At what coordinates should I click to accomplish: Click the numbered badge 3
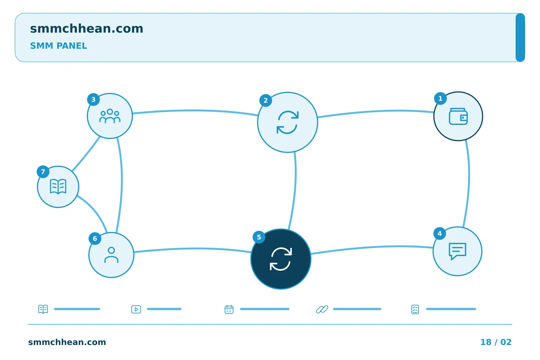pyautogui.click(x=93, y=99)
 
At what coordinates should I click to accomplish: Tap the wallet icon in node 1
pyautogui.click(x=458, y=117)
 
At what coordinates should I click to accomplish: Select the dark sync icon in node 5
pyautogui.click(x=281, y=259)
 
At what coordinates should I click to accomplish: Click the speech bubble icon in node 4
pyautogui.click(x=457, y=251)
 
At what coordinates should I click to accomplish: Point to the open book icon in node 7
pyautogui.click(x=58, y=186)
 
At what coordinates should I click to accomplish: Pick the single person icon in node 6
pyautogui.click(x=111, y=255)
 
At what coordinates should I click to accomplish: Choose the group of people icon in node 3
pyautogui.click(x=110, y=116)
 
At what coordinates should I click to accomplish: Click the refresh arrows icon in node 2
pyautogui.click(x=288, y=122)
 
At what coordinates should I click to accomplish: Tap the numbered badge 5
pyautogui.click(x=259, y=237)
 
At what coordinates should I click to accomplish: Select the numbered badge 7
pyautogui.click(x=43, y=172)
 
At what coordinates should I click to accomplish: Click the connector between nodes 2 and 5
pyautogui.click(x=295, y=190)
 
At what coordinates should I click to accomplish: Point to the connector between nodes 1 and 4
pyautogui.click(x=469, y=183)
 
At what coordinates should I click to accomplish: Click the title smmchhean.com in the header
pyautogui.click(x=87, y=28)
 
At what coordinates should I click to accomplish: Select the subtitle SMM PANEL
pyautogui.click(x=58, y=46)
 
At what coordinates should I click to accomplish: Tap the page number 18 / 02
pyautogui.click(x=496, y=342)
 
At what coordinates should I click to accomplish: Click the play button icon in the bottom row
pyautogui.click(x=136, y=309)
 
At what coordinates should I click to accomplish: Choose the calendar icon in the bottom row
pyautogui.click(x=229, y=309)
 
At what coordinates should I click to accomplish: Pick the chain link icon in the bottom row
pyautogui.click(x=322, y=309)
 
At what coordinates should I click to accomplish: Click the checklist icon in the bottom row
pyautogui.click(x=415, y=309)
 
